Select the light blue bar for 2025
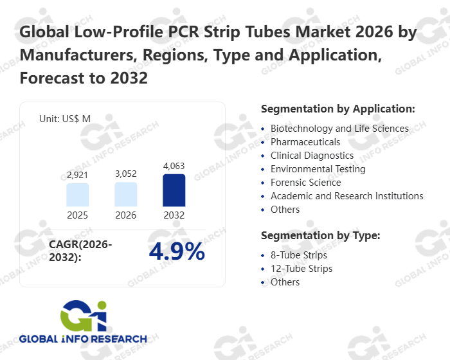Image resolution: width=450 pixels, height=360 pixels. pyautogui.click(x=78, y=195)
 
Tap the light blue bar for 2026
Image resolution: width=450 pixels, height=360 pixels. pyautogui.click(x=126, y=194)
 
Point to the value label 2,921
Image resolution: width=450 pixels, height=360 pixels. pyautogui.click(x=78, y=175)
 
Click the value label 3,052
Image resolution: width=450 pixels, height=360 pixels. pyautogui.click(x=126, y=174)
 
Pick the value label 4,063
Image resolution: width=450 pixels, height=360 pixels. pyautogui.click(x=174, y=166)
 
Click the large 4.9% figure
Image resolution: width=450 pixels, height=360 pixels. pyautogui.click(x=177, y=251)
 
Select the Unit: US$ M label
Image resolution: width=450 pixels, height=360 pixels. pyautogui.click(x=65, y=119)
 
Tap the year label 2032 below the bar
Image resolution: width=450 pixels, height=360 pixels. pyautogui.click(x=174, y=215)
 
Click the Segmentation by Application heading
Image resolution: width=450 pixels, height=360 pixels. pyautogui.click(x=338, y=108)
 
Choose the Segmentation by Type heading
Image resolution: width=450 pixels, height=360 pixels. pyautogui.click(x=321, y=235)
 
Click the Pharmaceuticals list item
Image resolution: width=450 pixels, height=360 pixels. pyautogui.click(x=305, y=142)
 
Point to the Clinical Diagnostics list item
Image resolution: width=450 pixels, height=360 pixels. pyautogui.click(x=312, y=156)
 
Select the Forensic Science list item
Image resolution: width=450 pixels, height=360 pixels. pyautogui.click(x=306, y=183)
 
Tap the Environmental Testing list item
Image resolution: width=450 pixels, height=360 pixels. pyautogui.click(x=318, y=169)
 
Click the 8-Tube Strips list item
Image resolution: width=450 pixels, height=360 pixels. pyautogui.click(x=299, y=255)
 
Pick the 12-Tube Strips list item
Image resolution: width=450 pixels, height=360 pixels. pyautogui.click(x=301, y=269)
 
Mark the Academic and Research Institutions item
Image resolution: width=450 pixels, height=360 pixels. pyautogui.click(x=347, y=196)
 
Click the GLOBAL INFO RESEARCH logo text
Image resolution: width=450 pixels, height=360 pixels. pyautogui.click(x=83, y=338)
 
